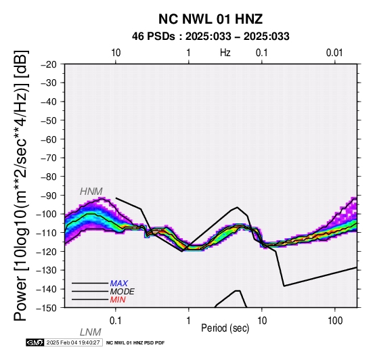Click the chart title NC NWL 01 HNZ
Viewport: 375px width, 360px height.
pyautogui.click(x=211, y=19)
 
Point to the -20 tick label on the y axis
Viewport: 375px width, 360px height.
pyautogui.click(x=49, y=64)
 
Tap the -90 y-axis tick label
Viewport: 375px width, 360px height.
pyautogui.click(x=49, y=196)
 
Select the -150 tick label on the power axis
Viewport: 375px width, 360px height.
pyautogui.click(x=47, y=308)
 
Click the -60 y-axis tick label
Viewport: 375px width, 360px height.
pyautogui.click(x=49, y=139)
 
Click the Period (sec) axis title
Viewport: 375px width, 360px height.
pyautogui.click(x=225, y=328)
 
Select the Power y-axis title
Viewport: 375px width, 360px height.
pyautogui.click(x=20, y=185)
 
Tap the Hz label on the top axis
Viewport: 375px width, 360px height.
pyautogui.click(x=225, y=53)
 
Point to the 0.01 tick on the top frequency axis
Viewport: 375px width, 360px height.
pyautogui.click(x=334, y=53)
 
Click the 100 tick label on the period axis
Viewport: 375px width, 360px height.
pyautogui.click(x=335, y=321)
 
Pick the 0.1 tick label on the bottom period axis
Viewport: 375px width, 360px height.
pyautogui.click(x=115, y=321)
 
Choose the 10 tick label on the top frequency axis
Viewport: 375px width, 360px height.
pyautogui.click(x=116, y=53)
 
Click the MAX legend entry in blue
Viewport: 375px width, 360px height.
pyautogui.click(x=119, y=284)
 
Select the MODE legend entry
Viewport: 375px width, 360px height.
pyautogui.click(x=123, y=292)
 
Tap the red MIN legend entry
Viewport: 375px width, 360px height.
pyautogui.click(x=118, y=300)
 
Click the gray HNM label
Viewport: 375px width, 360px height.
pyautogui.click(x=91, y=192)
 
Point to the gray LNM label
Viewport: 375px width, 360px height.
pyautogui.click(x=91, y=332)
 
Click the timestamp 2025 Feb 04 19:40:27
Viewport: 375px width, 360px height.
pyautogui.click(x=73, y=342)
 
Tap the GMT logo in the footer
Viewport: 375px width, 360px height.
pyautogui.click(x=35, y=342)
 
